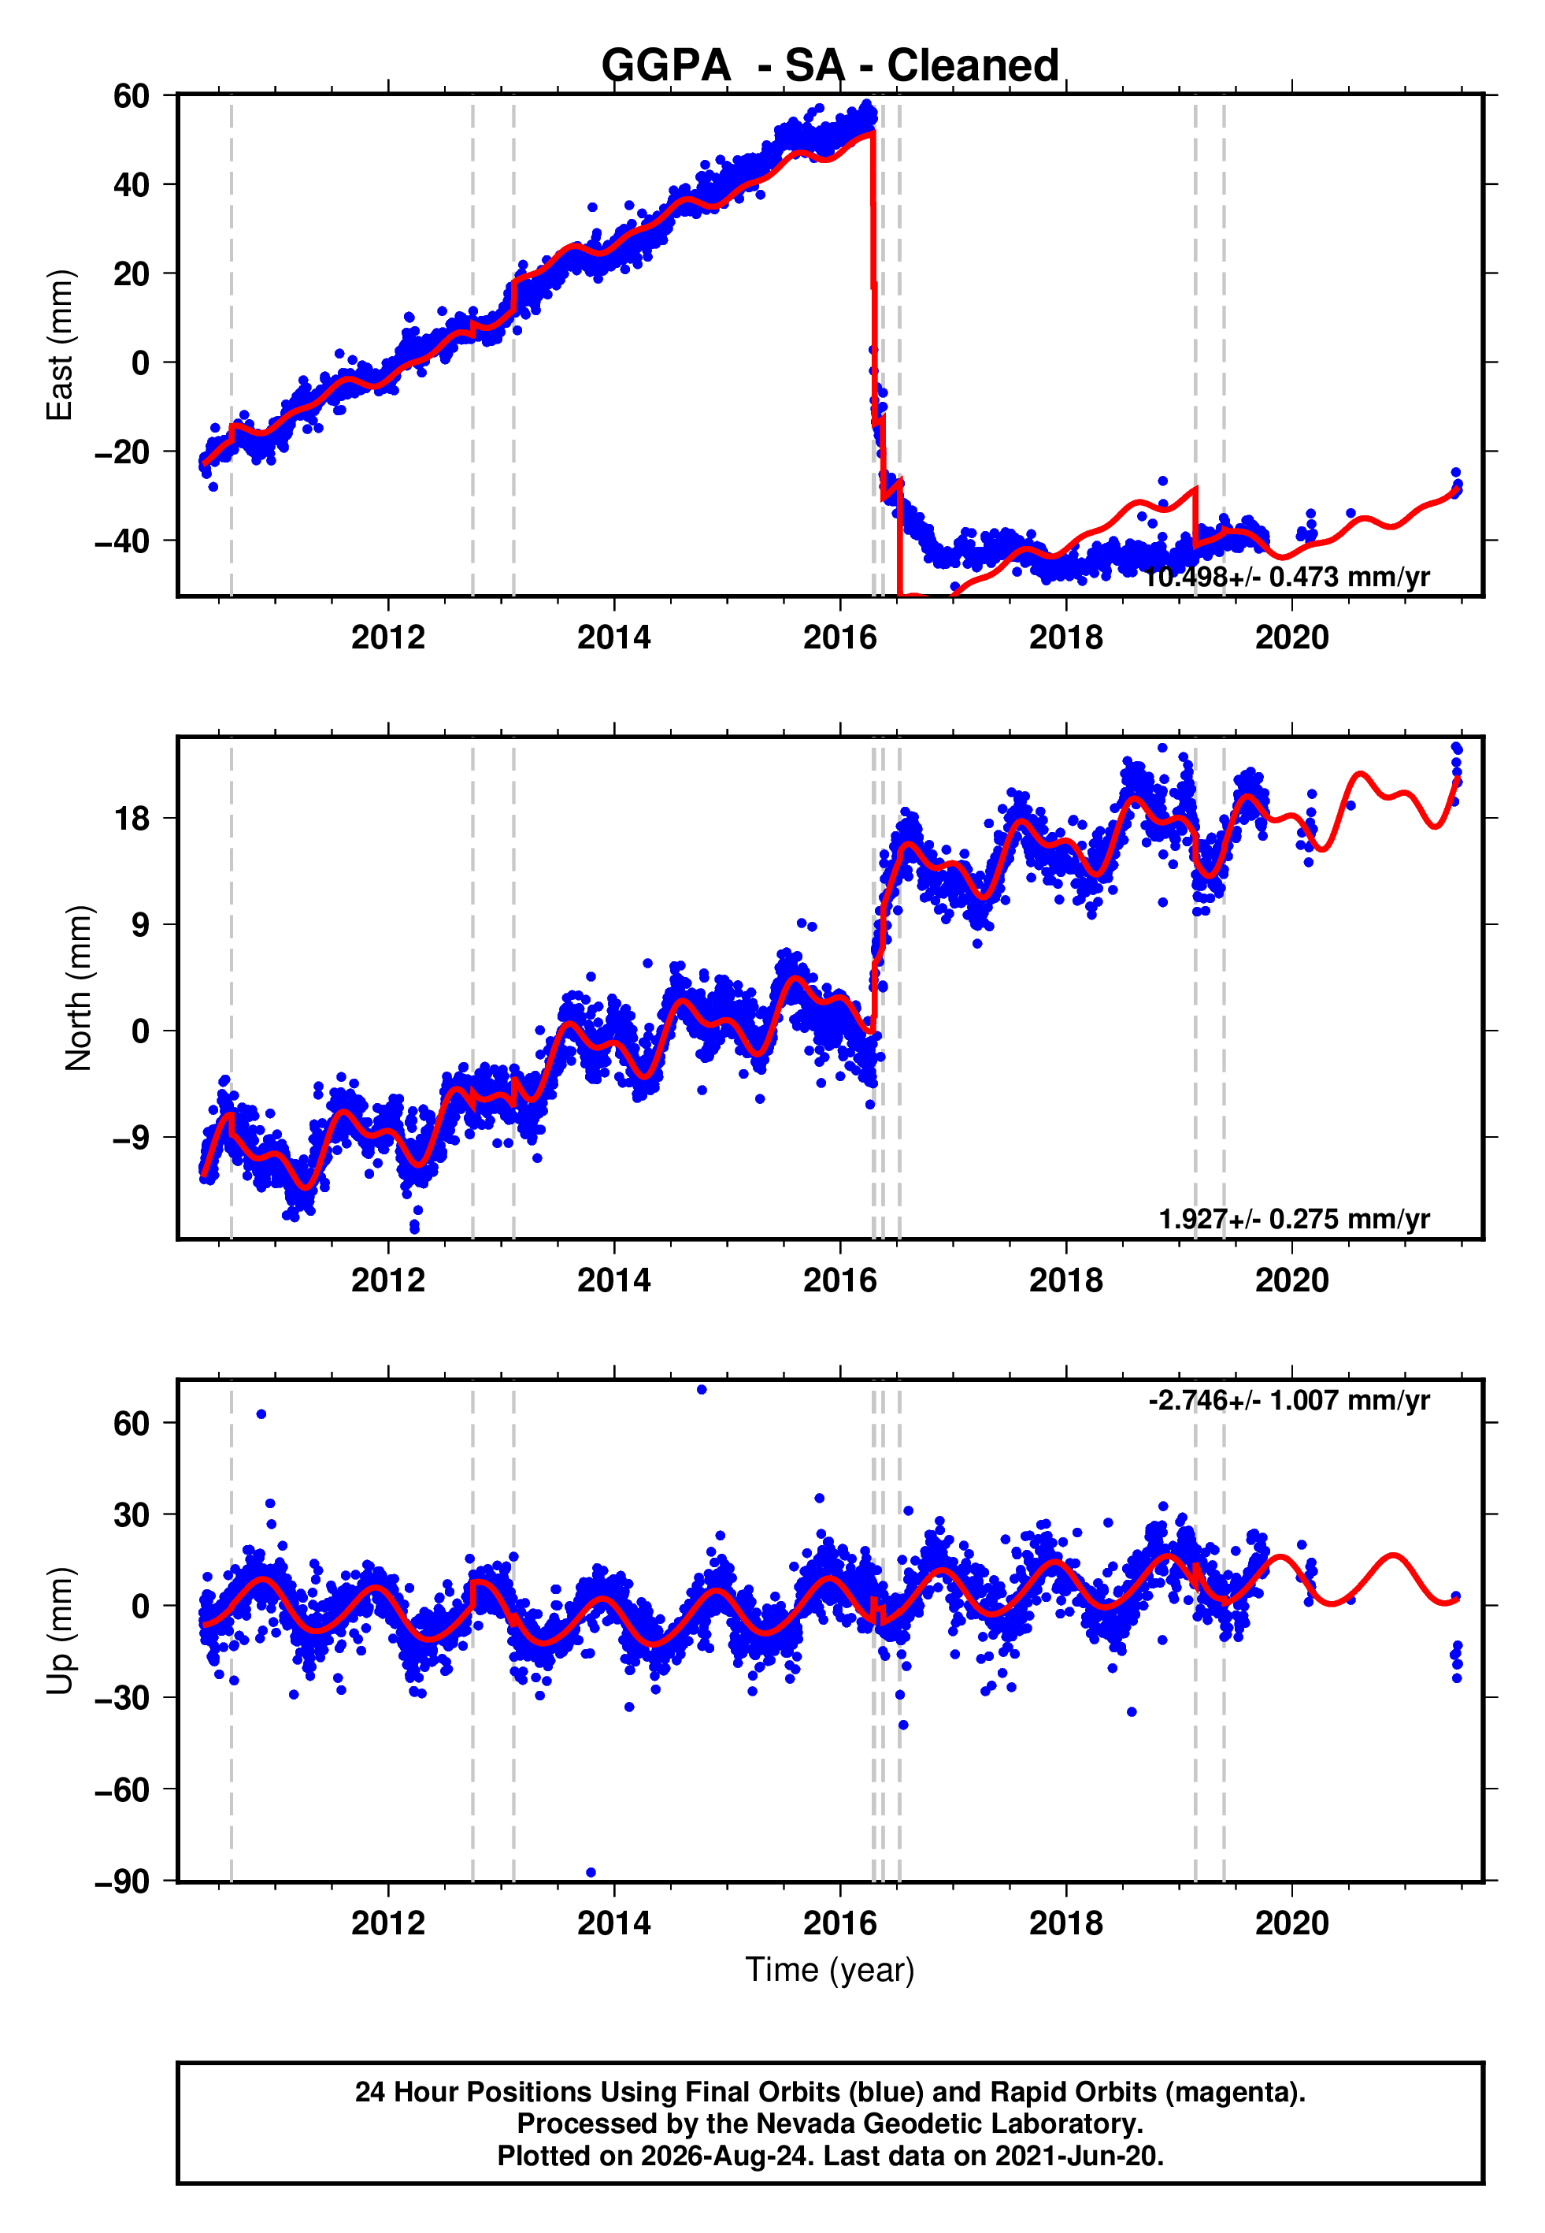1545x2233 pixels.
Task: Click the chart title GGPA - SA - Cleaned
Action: (x=830, y=66)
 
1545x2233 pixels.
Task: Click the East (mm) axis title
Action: (x=60, y=345)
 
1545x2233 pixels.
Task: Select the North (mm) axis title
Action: (x=79, y=988)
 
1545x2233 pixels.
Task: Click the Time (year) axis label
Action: (x=830, y=1970)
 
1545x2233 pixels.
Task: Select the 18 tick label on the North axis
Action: (x=132, y=818)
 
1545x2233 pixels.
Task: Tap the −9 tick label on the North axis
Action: (x=131, y=1137)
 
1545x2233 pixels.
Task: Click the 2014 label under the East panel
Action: (x=613, y=637)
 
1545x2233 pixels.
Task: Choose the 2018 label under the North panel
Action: (x=1065, y=1280)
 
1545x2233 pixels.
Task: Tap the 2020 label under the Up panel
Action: (x=1291, y=1923)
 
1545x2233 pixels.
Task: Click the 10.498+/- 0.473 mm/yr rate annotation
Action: (x=1287, y=577)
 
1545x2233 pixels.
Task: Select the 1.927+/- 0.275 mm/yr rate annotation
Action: (x=1295, y=1219)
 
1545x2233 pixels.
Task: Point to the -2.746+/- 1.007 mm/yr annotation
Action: (x=1289, y=1400)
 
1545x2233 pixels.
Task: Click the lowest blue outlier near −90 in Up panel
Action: (x=591, y=1873)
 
